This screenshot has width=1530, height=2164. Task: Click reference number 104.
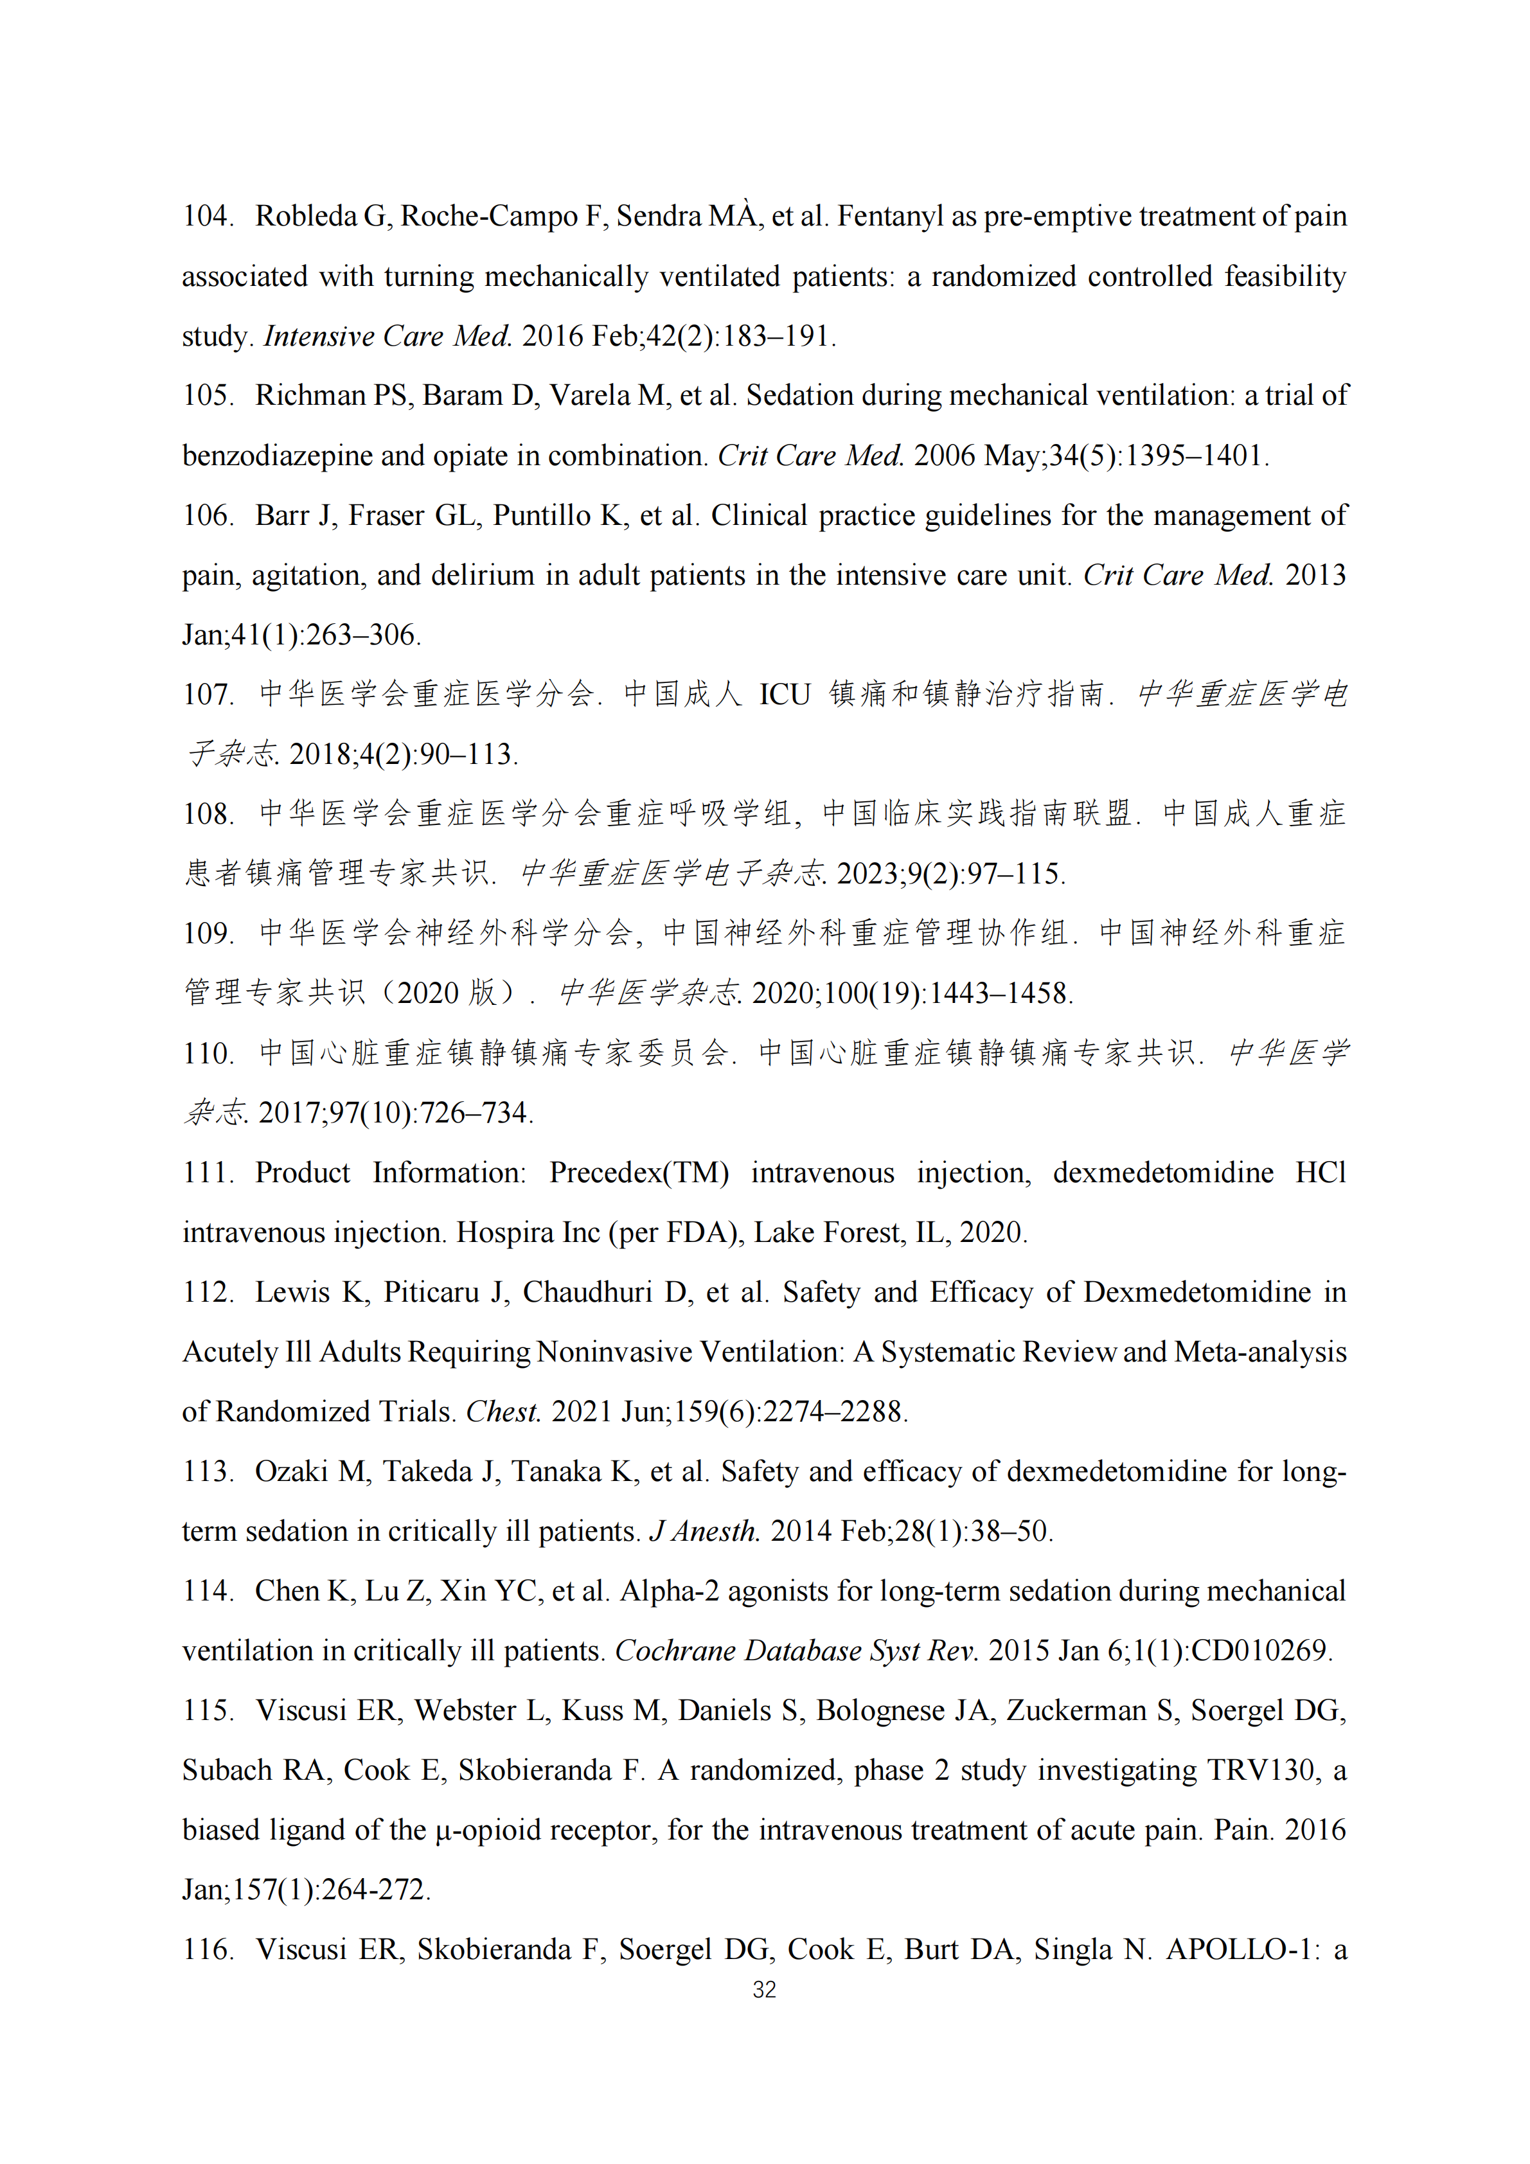point(208,216)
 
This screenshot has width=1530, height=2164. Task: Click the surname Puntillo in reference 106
point(546,515)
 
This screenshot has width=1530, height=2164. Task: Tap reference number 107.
point(208,695)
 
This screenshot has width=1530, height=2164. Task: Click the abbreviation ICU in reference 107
point(785,695)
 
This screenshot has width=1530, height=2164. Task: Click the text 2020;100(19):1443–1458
point(912,993)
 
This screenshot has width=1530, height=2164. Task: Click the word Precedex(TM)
point(639,1173)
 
